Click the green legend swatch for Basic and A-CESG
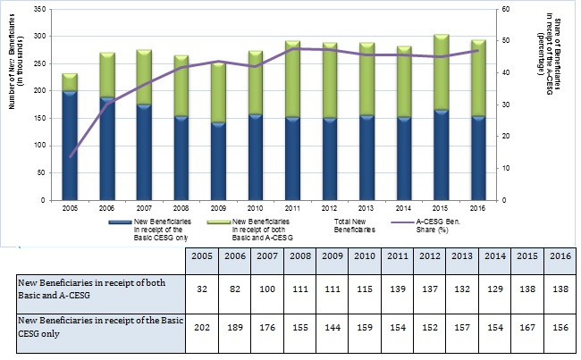[x=217, y=220]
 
